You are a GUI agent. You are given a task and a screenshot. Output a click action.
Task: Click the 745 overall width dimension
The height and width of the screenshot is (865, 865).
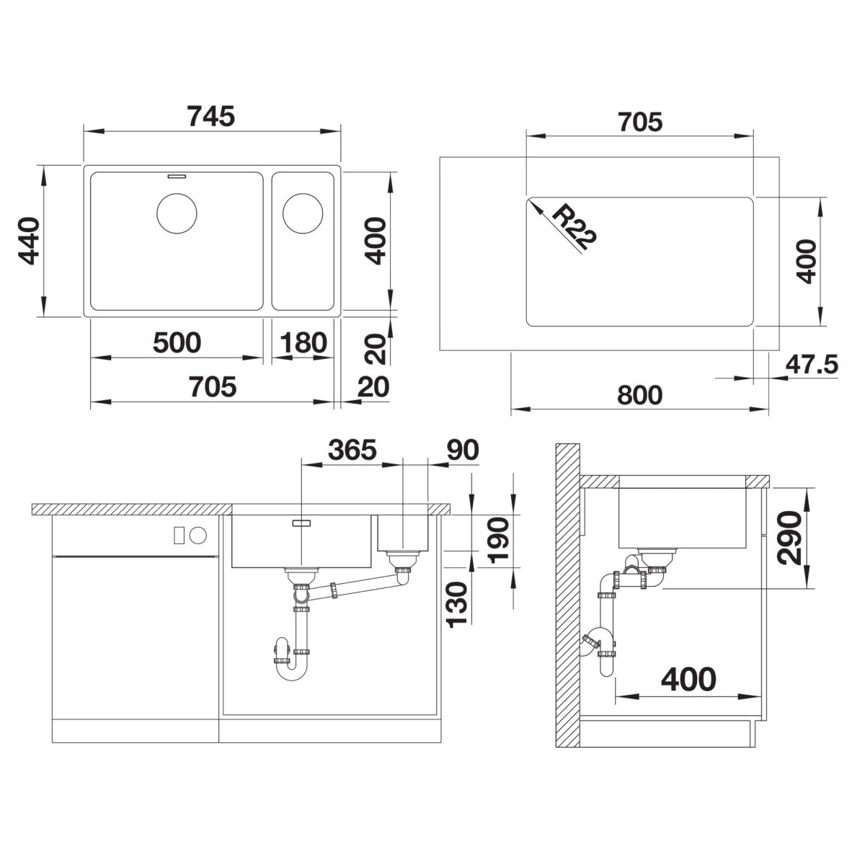[x=211, y=116]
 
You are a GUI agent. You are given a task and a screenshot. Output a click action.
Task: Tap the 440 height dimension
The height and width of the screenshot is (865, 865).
[x=28, y=241]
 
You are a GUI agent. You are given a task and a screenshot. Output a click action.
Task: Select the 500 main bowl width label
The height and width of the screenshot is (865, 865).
[x=177, y=342]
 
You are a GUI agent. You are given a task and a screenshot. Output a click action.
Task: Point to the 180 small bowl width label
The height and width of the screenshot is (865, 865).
[x=303, y=342]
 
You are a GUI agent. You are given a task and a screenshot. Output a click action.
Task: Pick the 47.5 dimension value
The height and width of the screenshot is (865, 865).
[x=812, y=364]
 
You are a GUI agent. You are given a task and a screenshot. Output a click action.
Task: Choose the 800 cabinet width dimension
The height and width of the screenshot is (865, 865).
[x=639, y=395]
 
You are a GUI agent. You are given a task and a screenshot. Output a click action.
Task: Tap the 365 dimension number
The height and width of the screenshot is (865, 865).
[x=352, y=450]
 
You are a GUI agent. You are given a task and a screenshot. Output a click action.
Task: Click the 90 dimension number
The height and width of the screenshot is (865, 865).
[x=463, y=450]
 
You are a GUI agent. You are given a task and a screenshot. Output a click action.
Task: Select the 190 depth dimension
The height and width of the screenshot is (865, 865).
[x=498, y=540]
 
